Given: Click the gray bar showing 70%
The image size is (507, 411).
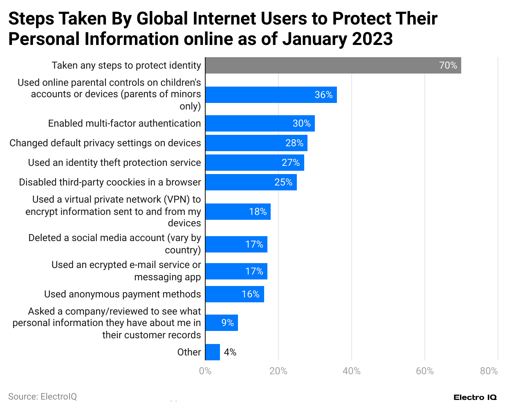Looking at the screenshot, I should tap(333, 65).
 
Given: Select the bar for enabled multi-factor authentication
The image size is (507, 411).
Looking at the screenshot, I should tap(260, 123).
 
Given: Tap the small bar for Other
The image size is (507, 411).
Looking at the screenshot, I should tap(213, 352).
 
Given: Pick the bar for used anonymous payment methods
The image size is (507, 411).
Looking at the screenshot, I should tap(234, 294).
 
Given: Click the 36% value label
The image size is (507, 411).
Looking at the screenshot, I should tap(323, 95).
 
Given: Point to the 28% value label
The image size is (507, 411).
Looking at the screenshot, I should tap(294, 143).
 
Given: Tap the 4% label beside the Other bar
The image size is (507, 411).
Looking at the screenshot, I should tap(230, 352).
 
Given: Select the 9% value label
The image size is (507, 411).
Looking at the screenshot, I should tap(227, 323).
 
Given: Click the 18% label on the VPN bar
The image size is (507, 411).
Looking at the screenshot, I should tap(258, 212).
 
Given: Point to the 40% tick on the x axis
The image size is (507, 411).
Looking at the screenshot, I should tap(351, 371).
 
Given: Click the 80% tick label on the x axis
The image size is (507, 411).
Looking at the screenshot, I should tap(489, 371).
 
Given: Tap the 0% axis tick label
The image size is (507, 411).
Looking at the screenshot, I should tap(205, 371).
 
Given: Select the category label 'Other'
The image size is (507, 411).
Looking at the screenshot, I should tap(189, 352).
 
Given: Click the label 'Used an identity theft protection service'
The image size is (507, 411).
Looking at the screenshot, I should tap(114, 163).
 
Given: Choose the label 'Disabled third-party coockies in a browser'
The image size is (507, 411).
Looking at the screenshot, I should tap(110, 182).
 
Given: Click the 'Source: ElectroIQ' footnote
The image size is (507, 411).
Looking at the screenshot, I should tap(43, 397).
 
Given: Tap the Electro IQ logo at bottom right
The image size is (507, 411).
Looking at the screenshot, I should tap(475, 398).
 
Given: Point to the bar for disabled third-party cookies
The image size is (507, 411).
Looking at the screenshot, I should tap(251, 182).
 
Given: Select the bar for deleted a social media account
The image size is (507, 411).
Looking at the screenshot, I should tap(236, 244).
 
